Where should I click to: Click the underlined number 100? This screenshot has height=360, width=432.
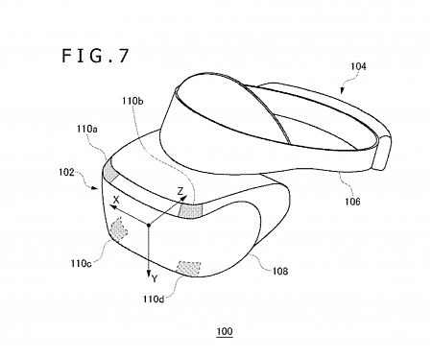(x=224, y=332)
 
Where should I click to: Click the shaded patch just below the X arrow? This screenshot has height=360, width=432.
(x=122, y=231)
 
